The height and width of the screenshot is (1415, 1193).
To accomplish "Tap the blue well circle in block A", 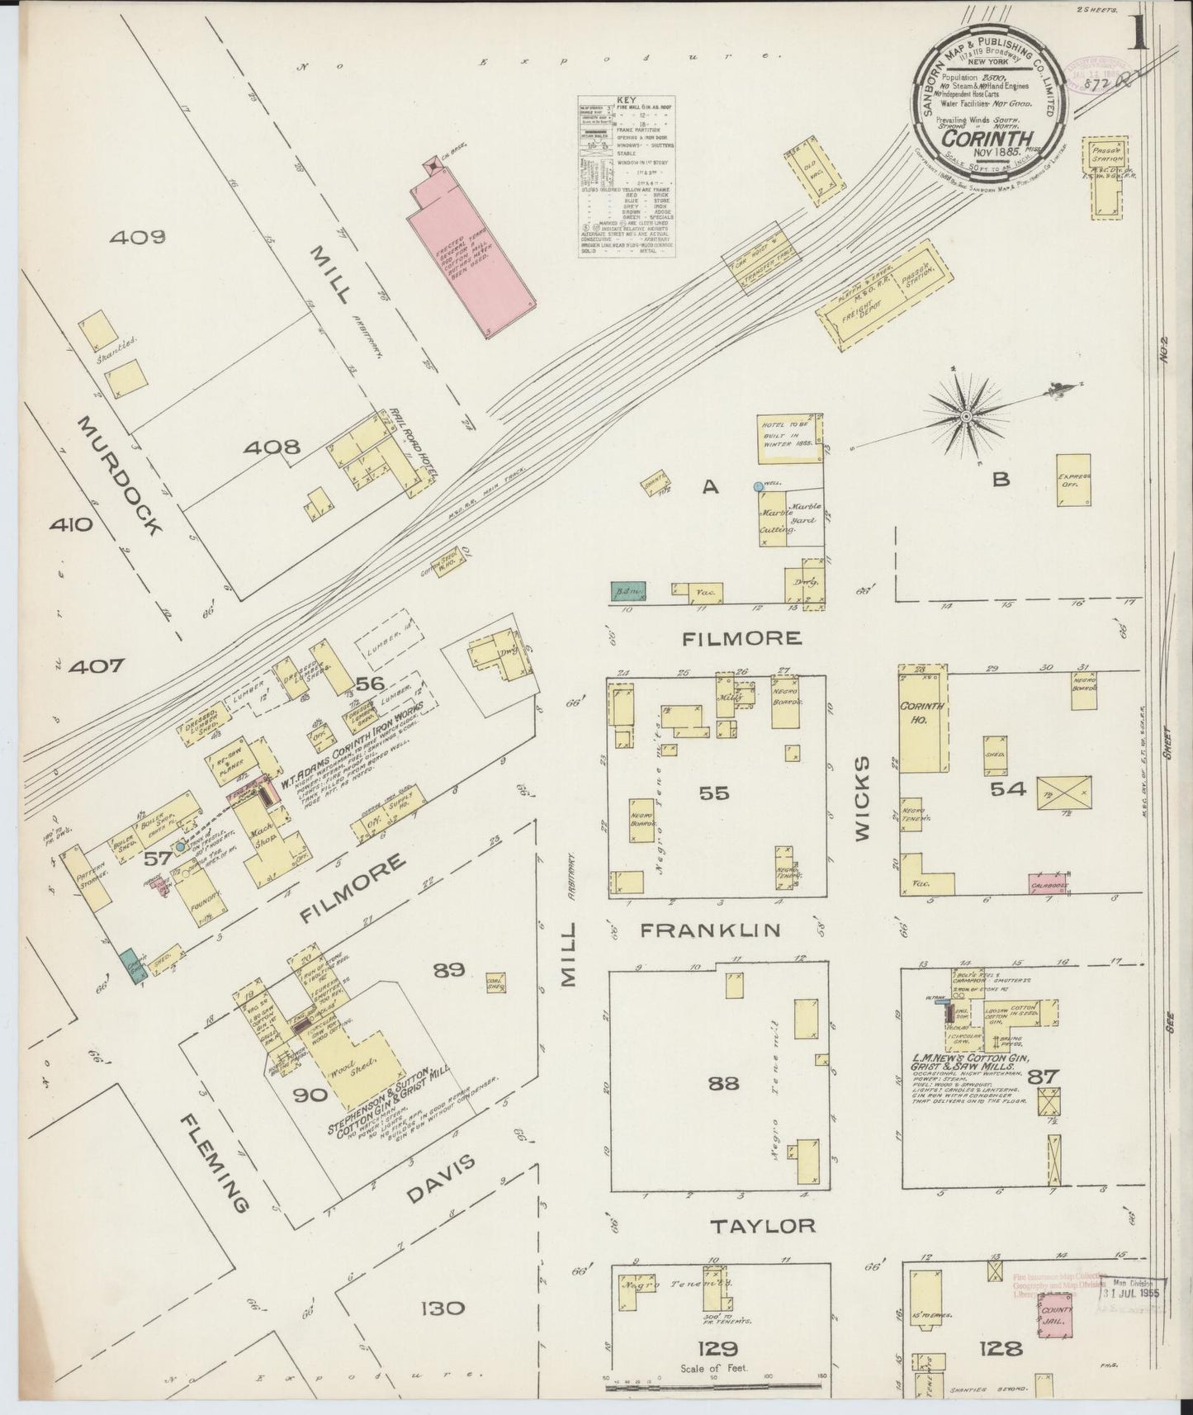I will [758, 487].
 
